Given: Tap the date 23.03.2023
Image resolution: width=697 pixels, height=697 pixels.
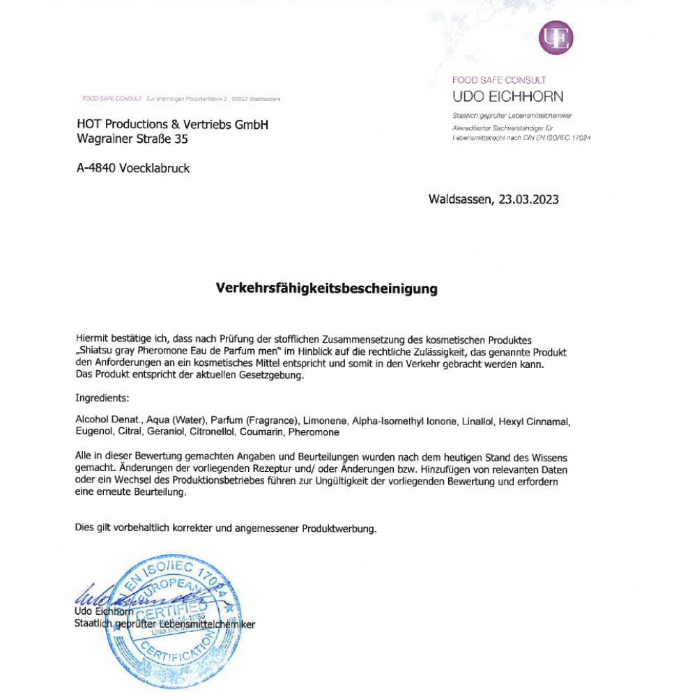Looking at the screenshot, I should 529,199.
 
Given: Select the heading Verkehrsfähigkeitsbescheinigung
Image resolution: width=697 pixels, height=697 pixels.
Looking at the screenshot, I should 327,288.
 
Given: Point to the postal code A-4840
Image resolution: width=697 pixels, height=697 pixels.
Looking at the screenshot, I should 97,168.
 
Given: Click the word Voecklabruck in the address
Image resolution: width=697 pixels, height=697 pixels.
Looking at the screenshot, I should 155,168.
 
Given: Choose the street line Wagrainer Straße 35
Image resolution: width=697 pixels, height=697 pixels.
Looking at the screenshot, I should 132,139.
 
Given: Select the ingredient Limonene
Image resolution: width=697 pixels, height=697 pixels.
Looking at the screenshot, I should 325,421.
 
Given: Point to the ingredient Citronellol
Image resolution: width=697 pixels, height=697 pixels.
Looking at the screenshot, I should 213,432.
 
